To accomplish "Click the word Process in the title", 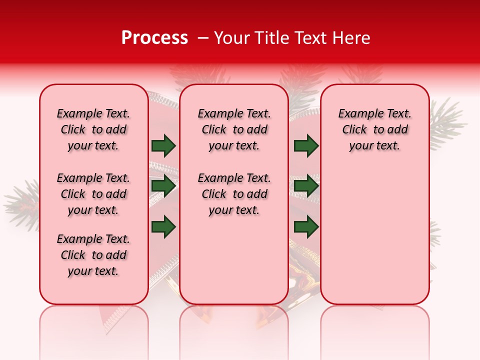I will pos(154,38).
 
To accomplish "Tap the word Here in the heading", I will pos(350,38).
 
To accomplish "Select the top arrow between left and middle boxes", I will pos(164,146).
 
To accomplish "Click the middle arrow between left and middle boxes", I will pos(164,186).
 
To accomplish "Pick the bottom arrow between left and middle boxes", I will pos(164,226).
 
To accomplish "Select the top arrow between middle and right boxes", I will pos(306,146).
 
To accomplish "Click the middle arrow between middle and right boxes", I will pos(306,186).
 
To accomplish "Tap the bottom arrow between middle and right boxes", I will pos(306,226).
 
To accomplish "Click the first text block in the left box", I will pos(93,130).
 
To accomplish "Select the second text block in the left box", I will pos(93,194).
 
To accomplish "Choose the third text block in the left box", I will pos(93,255).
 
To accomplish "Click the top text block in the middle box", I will pos(234,130).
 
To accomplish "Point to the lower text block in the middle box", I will pos(234,194).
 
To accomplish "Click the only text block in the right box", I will pos(374,130).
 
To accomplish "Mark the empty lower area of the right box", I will pos(374,235).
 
